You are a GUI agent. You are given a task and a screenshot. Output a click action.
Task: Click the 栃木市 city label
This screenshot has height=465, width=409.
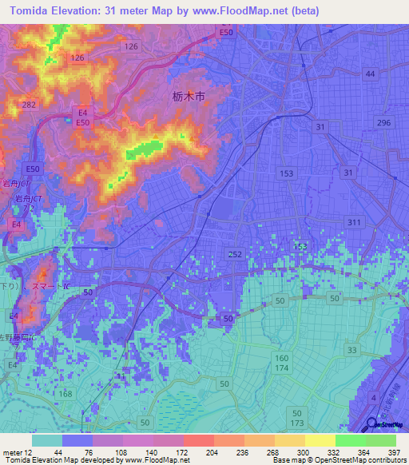[x=189, y=96]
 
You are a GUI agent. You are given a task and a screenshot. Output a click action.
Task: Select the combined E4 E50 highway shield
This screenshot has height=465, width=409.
[x=82, y=117]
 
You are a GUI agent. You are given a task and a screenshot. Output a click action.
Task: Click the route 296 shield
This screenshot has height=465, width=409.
[x=384, y=121]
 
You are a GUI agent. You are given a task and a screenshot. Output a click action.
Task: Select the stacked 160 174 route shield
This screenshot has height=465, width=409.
[x=283, y=364]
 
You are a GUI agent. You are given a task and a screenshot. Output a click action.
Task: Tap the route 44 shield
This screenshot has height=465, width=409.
[x=370, y=74]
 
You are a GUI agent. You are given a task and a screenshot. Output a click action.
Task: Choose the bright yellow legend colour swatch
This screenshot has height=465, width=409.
[x=320, y=440]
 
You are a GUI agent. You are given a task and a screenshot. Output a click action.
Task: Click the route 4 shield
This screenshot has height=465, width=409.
[x=373, y=397]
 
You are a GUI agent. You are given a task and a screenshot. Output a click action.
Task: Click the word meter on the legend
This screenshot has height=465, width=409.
[x=12, y=452]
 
